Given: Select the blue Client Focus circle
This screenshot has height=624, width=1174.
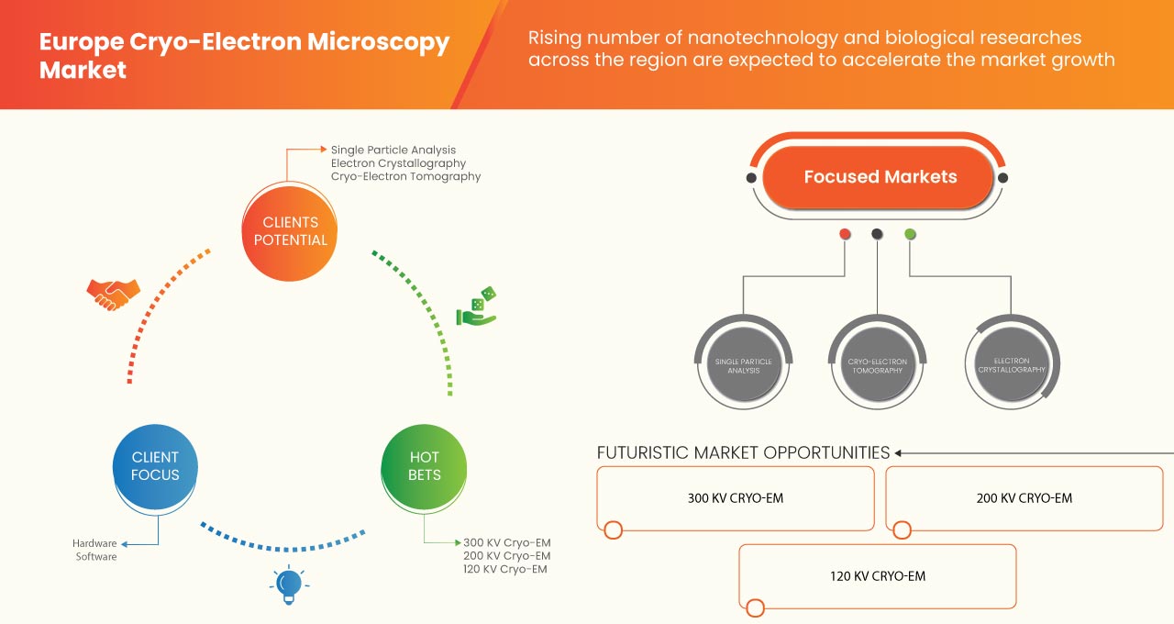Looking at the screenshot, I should tap(155, 466).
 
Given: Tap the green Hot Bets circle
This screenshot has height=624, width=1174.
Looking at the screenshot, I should tap(424, 466).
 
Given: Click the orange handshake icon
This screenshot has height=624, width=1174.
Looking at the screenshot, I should tap(113, 294).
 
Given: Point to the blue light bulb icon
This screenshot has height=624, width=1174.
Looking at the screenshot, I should tap(289, 584).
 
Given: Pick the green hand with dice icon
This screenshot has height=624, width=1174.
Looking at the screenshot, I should tap(477, 307).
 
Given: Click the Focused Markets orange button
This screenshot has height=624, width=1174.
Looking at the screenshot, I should tap(880, 177).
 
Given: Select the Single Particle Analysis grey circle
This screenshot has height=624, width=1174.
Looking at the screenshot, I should tap(743, 366).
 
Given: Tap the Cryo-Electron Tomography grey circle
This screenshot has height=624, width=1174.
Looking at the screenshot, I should tap(877, 366).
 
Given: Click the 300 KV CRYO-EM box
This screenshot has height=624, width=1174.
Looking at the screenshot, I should tap(736, 498).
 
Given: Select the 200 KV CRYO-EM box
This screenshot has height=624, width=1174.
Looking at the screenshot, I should tap(1024, 498).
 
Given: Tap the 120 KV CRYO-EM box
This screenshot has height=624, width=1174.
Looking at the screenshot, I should tap(878, 576).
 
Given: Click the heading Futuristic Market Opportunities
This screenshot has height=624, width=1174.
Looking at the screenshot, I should tap(743, 452).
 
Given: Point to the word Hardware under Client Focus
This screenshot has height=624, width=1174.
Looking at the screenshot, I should tap(94, 543).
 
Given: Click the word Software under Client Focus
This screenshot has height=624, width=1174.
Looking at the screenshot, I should tap(96, 557).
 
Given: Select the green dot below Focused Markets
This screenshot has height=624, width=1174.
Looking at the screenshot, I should tap(910, 234).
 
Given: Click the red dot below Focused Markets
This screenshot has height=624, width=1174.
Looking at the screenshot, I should tap(845, 234).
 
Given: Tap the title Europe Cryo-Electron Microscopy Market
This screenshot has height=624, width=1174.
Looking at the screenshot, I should tap(244, 55).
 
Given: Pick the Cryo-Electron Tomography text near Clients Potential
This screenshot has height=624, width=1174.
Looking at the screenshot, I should tap(405, 176).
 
